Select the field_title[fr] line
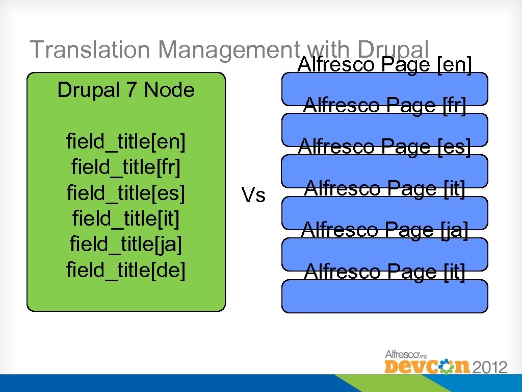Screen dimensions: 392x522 [125, 167]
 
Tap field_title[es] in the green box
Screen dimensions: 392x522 [125, 193]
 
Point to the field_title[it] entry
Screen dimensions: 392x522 [125, 218]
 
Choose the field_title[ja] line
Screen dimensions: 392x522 [125, 244]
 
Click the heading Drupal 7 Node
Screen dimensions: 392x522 [125, 90]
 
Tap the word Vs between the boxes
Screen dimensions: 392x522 [253, 194]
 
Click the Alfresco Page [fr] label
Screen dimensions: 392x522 [384, 106]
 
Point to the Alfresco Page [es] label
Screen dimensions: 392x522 [384, 147]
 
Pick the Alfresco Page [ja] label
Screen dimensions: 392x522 [384, 230]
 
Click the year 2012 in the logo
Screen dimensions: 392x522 [489, 367]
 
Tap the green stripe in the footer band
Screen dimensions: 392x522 [357, 383]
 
